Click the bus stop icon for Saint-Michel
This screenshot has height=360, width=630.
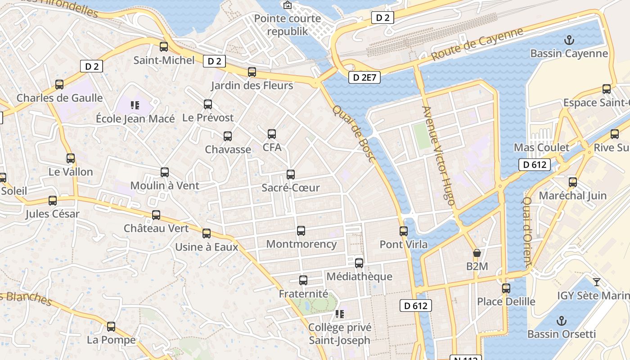[164, 46]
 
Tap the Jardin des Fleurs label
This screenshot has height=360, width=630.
[252, 85]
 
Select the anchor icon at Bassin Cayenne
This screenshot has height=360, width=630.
[569, 40]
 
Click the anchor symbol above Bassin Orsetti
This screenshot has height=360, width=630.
[561, 321]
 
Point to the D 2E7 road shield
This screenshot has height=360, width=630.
[364, 77]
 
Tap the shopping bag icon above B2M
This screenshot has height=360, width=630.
[477, 253]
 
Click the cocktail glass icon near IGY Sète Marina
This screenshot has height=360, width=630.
[597, 282]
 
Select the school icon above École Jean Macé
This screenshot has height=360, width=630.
[135, 105]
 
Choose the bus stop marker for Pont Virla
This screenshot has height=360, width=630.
[404, 231]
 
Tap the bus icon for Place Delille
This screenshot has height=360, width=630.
[506, 288]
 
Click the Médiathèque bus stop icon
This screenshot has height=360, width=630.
[359, 263]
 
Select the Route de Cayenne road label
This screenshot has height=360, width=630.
[477, 45]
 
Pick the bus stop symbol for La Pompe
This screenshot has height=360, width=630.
[111, 327]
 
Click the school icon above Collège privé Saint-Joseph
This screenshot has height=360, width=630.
[340, 314]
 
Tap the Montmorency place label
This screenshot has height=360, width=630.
[301, 244]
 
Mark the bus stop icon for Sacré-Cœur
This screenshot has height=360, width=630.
[291, 175]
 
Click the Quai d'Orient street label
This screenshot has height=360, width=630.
[528, 231]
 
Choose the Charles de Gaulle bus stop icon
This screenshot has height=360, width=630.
[59, 85]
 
